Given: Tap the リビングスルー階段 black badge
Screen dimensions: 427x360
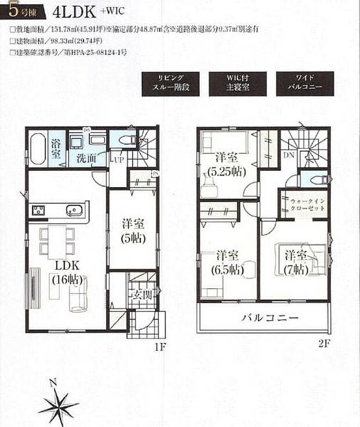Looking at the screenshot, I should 170,84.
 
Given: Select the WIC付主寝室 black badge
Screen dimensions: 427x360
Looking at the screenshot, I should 238,84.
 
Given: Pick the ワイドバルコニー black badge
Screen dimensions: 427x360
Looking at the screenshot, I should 305,84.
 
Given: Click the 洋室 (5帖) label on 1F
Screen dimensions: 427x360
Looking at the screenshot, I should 132,230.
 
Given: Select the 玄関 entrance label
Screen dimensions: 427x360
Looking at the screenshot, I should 143,295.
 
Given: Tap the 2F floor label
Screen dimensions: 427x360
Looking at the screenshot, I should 323,343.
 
